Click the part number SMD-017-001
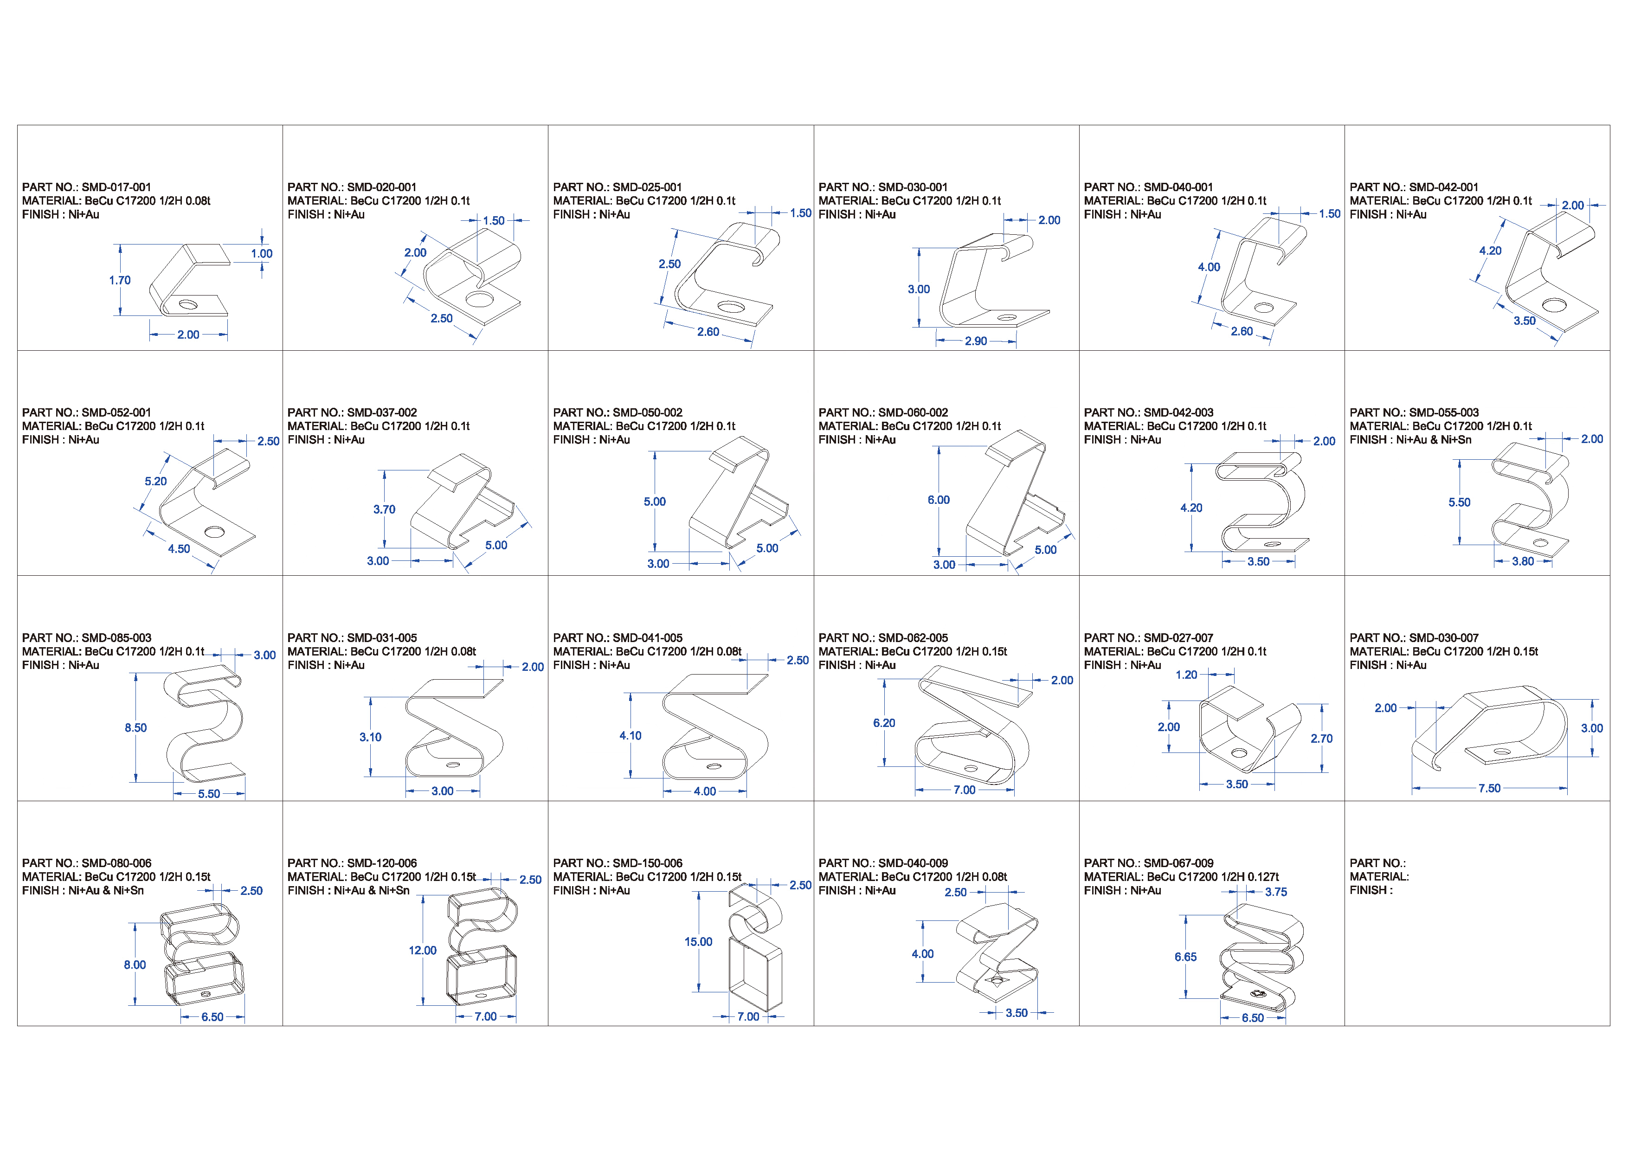coord(116,187)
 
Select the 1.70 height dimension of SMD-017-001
coord(120,280)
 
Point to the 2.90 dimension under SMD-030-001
coord(976,341)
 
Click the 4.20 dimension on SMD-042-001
coord(1490,251)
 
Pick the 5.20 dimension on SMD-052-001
coord(156,481)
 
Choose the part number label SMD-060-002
coord(913,413)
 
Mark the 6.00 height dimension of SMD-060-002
coord(939,500)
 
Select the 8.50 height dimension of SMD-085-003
coord(135,727)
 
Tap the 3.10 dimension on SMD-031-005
coord(370,737)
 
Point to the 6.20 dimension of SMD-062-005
coord(884,723)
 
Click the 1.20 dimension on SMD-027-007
coord(1186,675)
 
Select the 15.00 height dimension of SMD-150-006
coord(698,942)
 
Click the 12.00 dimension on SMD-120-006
coord(423,950)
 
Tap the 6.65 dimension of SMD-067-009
coord(1185,957)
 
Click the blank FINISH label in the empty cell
coord(1371,891)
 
